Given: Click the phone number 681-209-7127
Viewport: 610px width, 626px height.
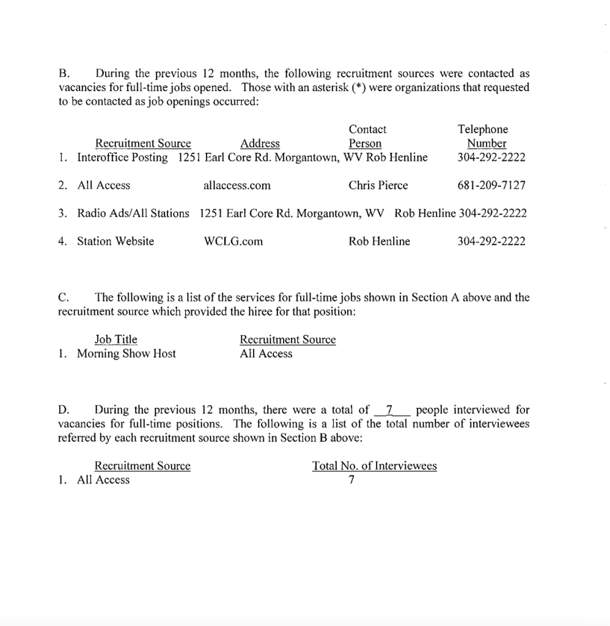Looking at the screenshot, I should click(491, 185).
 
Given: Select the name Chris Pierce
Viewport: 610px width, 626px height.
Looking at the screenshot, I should click(378, 185).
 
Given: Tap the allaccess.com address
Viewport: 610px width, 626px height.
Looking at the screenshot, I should click(237, 185).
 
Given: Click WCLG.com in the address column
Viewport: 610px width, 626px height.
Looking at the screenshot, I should click(233, 241).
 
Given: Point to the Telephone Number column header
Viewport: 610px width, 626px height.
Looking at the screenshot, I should click(482, 136).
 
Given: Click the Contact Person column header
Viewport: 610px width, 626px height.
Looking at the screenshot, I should click(367, 136).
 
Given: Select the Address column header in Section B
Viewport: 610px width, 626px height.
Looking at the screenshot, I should click(260, 144).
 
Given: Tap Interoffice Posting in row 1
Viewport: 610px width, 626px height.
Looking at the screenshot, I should click(122, 157).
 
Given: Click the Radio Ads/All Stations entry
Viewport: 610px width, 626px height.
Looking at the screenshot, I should click(133, 213).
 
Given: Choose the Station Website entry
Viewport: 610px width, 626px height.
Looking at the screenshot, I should click(116, 241).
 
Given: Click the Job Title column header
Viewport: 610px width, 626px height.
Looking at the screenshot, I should click(116, 339).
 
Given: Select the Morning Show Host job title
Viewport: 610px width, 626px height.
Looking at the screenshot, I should click(126, 353).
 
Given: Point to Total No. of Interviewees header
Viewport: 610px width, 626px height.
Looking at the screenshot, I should click(374, 466).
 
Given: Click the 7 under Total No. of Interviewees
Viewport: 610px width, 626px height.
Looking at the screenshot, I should click(351, 480).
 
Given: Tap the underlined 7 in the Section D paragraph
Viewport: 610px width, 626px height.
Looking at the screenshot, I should click(390, 410).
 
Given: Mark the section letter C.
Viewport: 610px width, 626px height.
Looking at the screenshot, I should click(62, 298).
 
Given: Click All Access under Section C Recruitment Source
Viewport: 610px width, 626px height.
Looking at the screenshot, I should click(266, 353).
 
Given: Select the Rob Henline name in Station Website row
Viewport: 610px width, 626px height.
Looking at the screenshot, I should click(379, 241).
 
